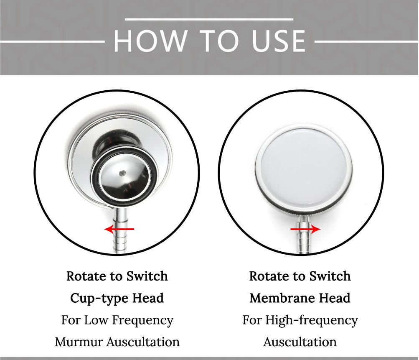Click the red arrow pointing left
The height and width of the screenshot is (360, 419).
[119, 229]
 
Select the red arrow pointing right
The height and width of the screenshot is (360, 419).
[305, 229]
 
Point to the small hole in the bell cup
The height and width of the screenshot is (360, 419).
[123, 173]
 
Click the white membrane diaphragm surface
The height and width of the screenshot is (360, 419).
[304, 167]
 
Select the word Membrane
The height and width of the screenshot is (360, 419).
[282, 298]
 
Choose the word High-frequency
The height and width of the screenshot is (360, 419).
[312, 321]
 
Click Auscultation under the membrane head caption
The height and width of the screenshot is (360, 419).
[300, 342]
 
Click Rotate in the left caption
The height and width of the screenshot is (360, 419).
[86, 276]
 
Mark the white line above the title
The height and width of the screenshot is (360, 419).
[209, 19]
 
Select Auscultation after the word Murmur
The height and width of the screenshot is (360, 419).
[143, 342]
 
